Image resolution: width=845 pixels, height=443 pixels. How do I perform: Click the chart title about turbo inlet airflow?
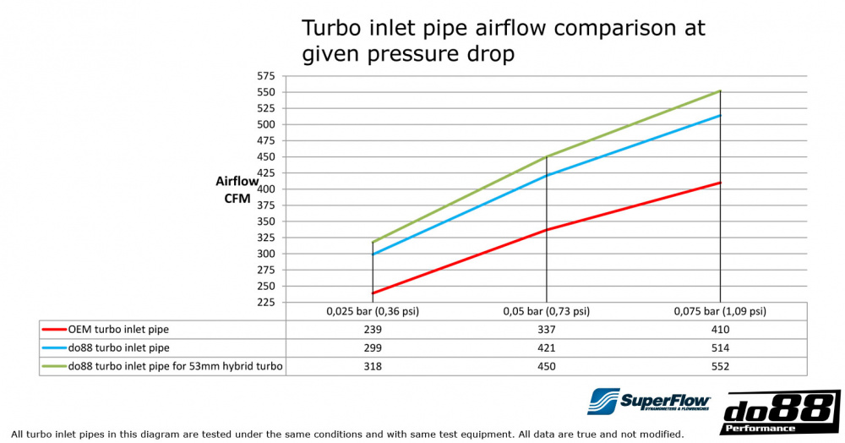pos(504,40)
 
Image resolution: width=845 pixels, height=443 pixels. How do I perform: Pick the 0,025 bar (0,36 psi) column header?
pos(373,311)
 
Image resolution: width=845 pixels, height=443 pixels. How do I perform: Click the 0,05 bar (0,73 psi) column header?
pos(547,311)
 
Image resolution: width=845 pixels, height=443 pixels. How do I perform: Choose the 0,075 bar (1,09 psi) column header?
pos(721,311)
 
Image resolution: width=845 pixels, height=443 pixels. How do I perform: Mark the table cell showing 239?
pos(373,329)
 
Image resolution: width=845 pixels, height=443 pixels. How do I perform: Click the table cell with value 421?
pos(547,347)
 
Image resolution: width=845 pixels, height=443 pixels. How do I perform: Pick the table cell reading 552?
pos(721,366)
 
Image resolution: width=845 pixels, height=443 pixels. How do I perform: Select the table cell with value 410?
pos(721,329)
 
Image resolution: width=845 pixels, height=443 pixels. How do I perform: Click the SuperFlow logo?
pos(649,402)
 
